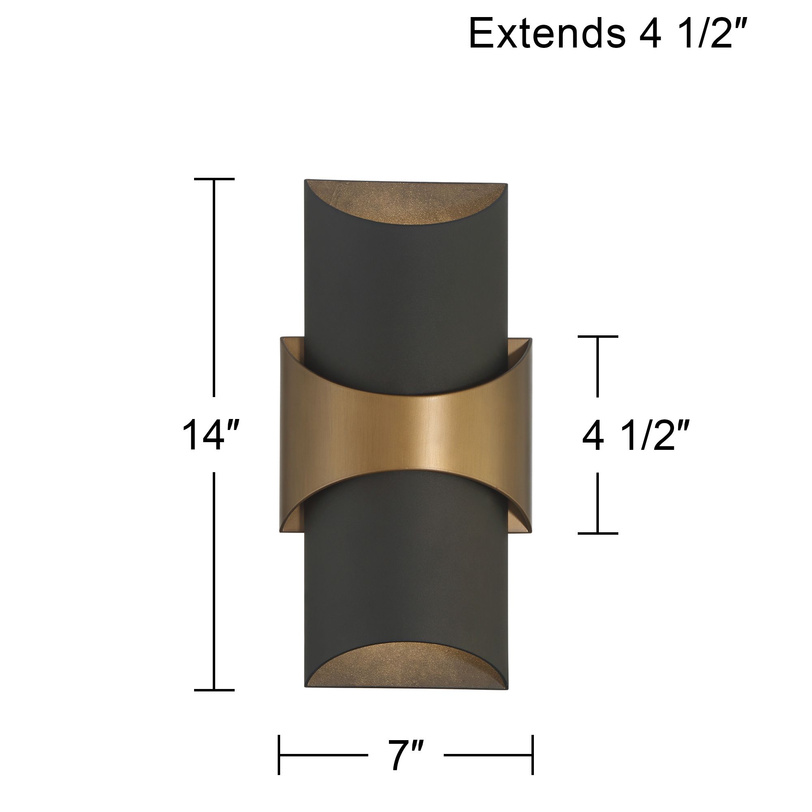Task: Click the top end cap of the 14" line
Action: click(x=214, y=179)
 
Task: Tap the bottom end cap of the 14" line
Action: click(x=214, y=690)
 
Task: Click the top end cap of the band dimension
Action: click(x=598, y=337)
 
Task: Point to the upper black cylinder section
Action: click(x=406, y=294)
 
